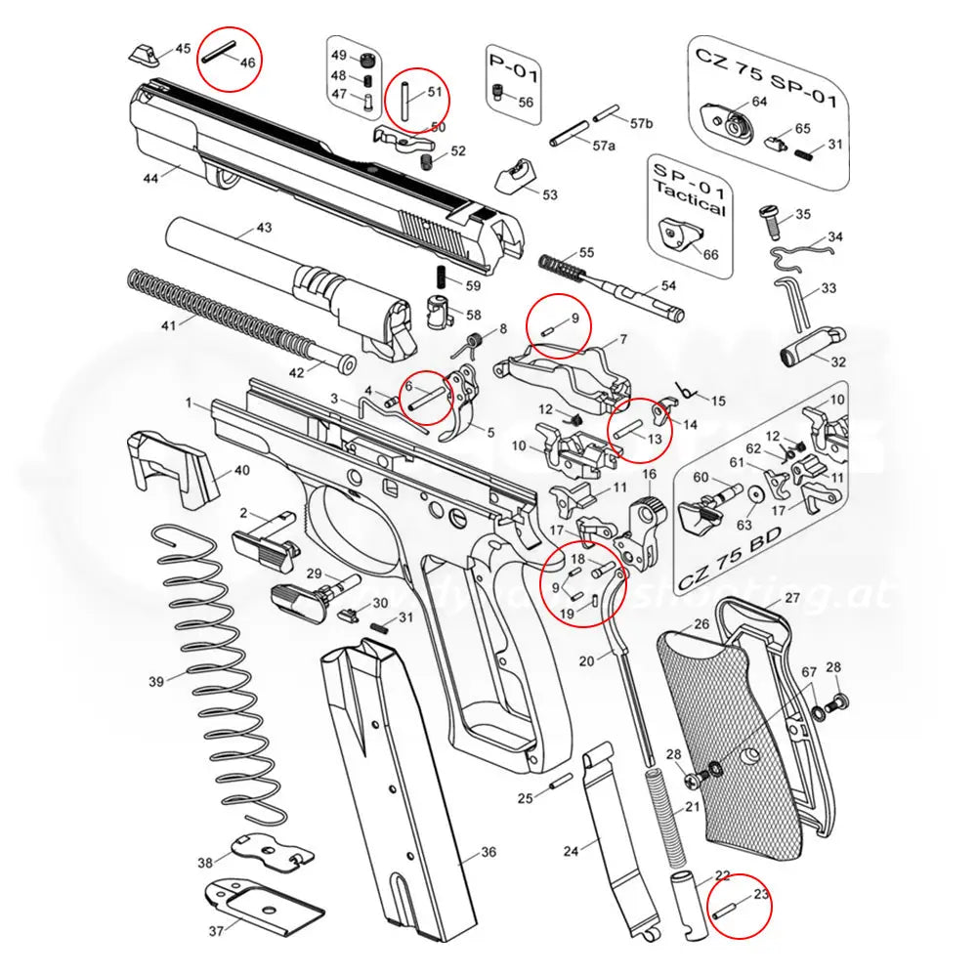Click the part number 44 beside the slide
point(150,179)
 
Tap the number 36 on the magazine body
point(488,853)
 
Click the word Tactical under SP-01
point(690,206)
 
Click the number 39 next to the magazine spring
point(156,681)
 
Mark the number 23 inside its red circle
point(761,892)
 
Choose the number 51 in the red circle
point(435,93)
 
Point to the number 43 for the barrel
point(264,227)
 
